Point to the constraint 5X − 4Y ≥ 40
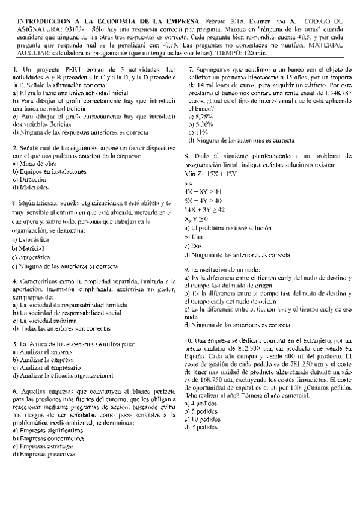click(203, 200)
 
